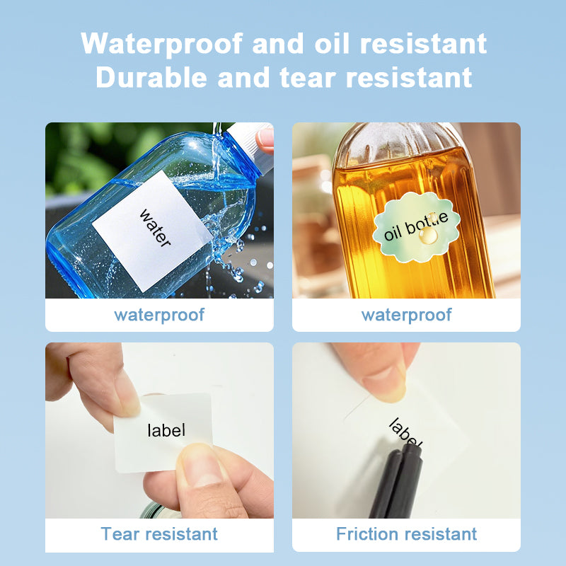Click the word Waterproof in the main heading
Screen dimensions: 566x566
tap(162, 44)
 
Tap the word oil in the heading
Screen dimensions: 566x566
tap(332, 43)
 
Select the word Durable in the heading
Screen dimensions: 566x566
tap(151, 77)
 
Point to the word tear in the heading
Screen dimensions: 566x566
tap(308, 78)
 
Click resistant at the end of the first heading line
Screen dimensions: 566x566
tap(423, 44)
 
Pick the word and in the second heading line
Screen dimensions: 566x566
tap(243, 77)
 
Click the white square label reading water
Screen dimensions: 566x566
tap(153, 231)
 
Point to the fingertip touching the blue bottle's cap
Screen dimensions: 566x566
tap(265, 140)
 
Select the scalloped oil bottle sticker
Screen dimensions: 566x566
tap(416, 227)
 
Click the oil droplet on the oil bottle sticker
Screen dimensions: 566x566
tap(428, 236)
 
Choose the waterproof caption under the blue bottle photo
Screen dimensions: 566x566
tap(159, 315)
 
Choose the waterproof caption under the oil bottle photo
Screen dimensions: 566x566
tap(406, 315)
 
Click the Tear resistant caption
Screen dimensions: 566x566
tap(159, 534)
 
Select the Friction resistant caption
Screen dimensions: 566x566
tap(406, 534)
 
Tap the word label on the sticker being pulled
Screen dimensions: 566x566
tap(166, 430)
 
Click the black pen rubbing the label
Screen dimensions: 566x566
tap(397, 481)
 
